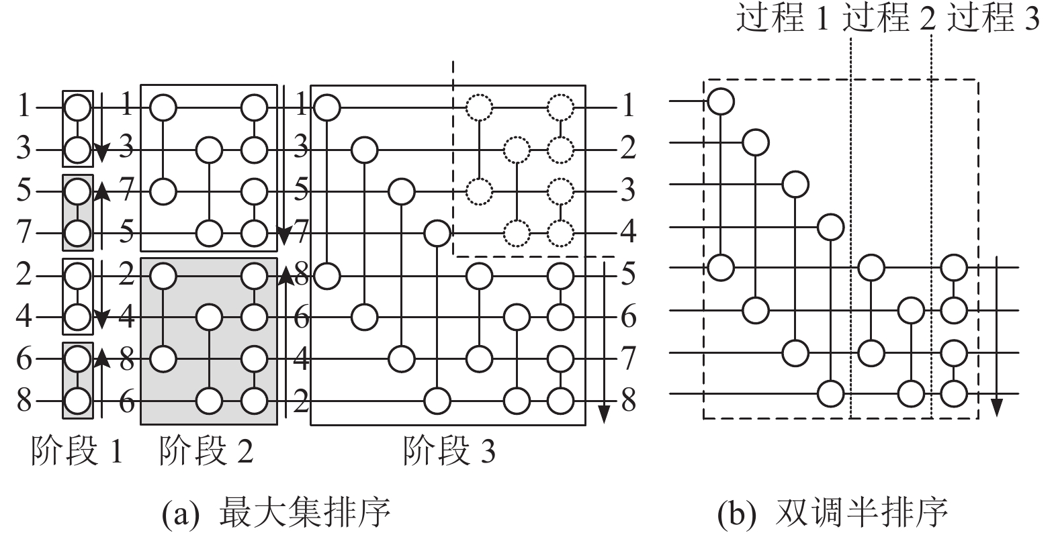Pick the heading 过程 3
tap(993, 18)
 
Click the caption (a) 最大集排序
tap(276, 514)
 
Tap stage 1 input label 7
tap(24, 233)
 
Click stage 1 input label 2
tap(24, 275)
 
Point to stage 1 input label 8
tap(24, 401)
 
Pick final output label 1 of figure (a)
tap(628, 106)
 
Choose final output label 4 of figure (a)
tap(628, 233)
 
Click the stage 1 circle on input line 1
tap(77, 107)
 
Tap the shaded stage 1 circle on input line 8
tap(77, 402)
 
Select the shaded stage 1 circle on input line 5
tap(77, 191)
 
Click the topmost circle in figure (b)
tap(721, 101)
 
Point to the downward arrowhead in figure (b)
tap(997, 407)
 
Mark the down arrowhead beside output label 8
tap(604, 414)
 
